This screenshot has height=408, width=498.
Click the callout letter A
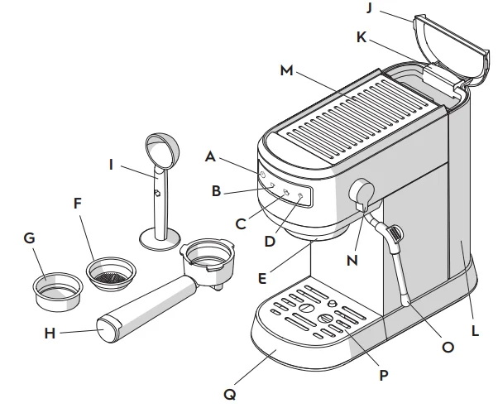[210, 155]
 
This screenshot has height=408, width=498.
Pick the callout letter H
[50, 334]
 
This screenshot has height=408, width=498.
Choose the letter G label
[29, 238]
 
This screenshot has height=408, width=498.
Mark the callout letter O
[448, 348]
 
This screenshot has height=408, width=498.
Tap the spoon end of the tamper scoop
[160, 149]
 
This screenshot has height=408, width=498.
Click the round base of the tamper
[158, 240]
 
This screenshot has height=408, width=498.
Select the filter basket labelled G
[57, 289]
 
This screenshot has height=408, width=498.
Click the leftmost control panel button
[262, 176]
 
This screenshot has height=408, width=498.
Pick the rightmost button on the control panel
[300, 197]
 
